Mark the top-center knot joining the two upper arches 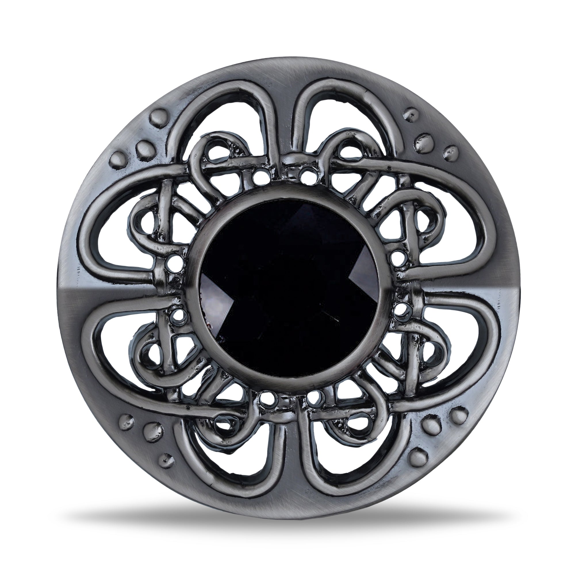coord(287,162)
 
